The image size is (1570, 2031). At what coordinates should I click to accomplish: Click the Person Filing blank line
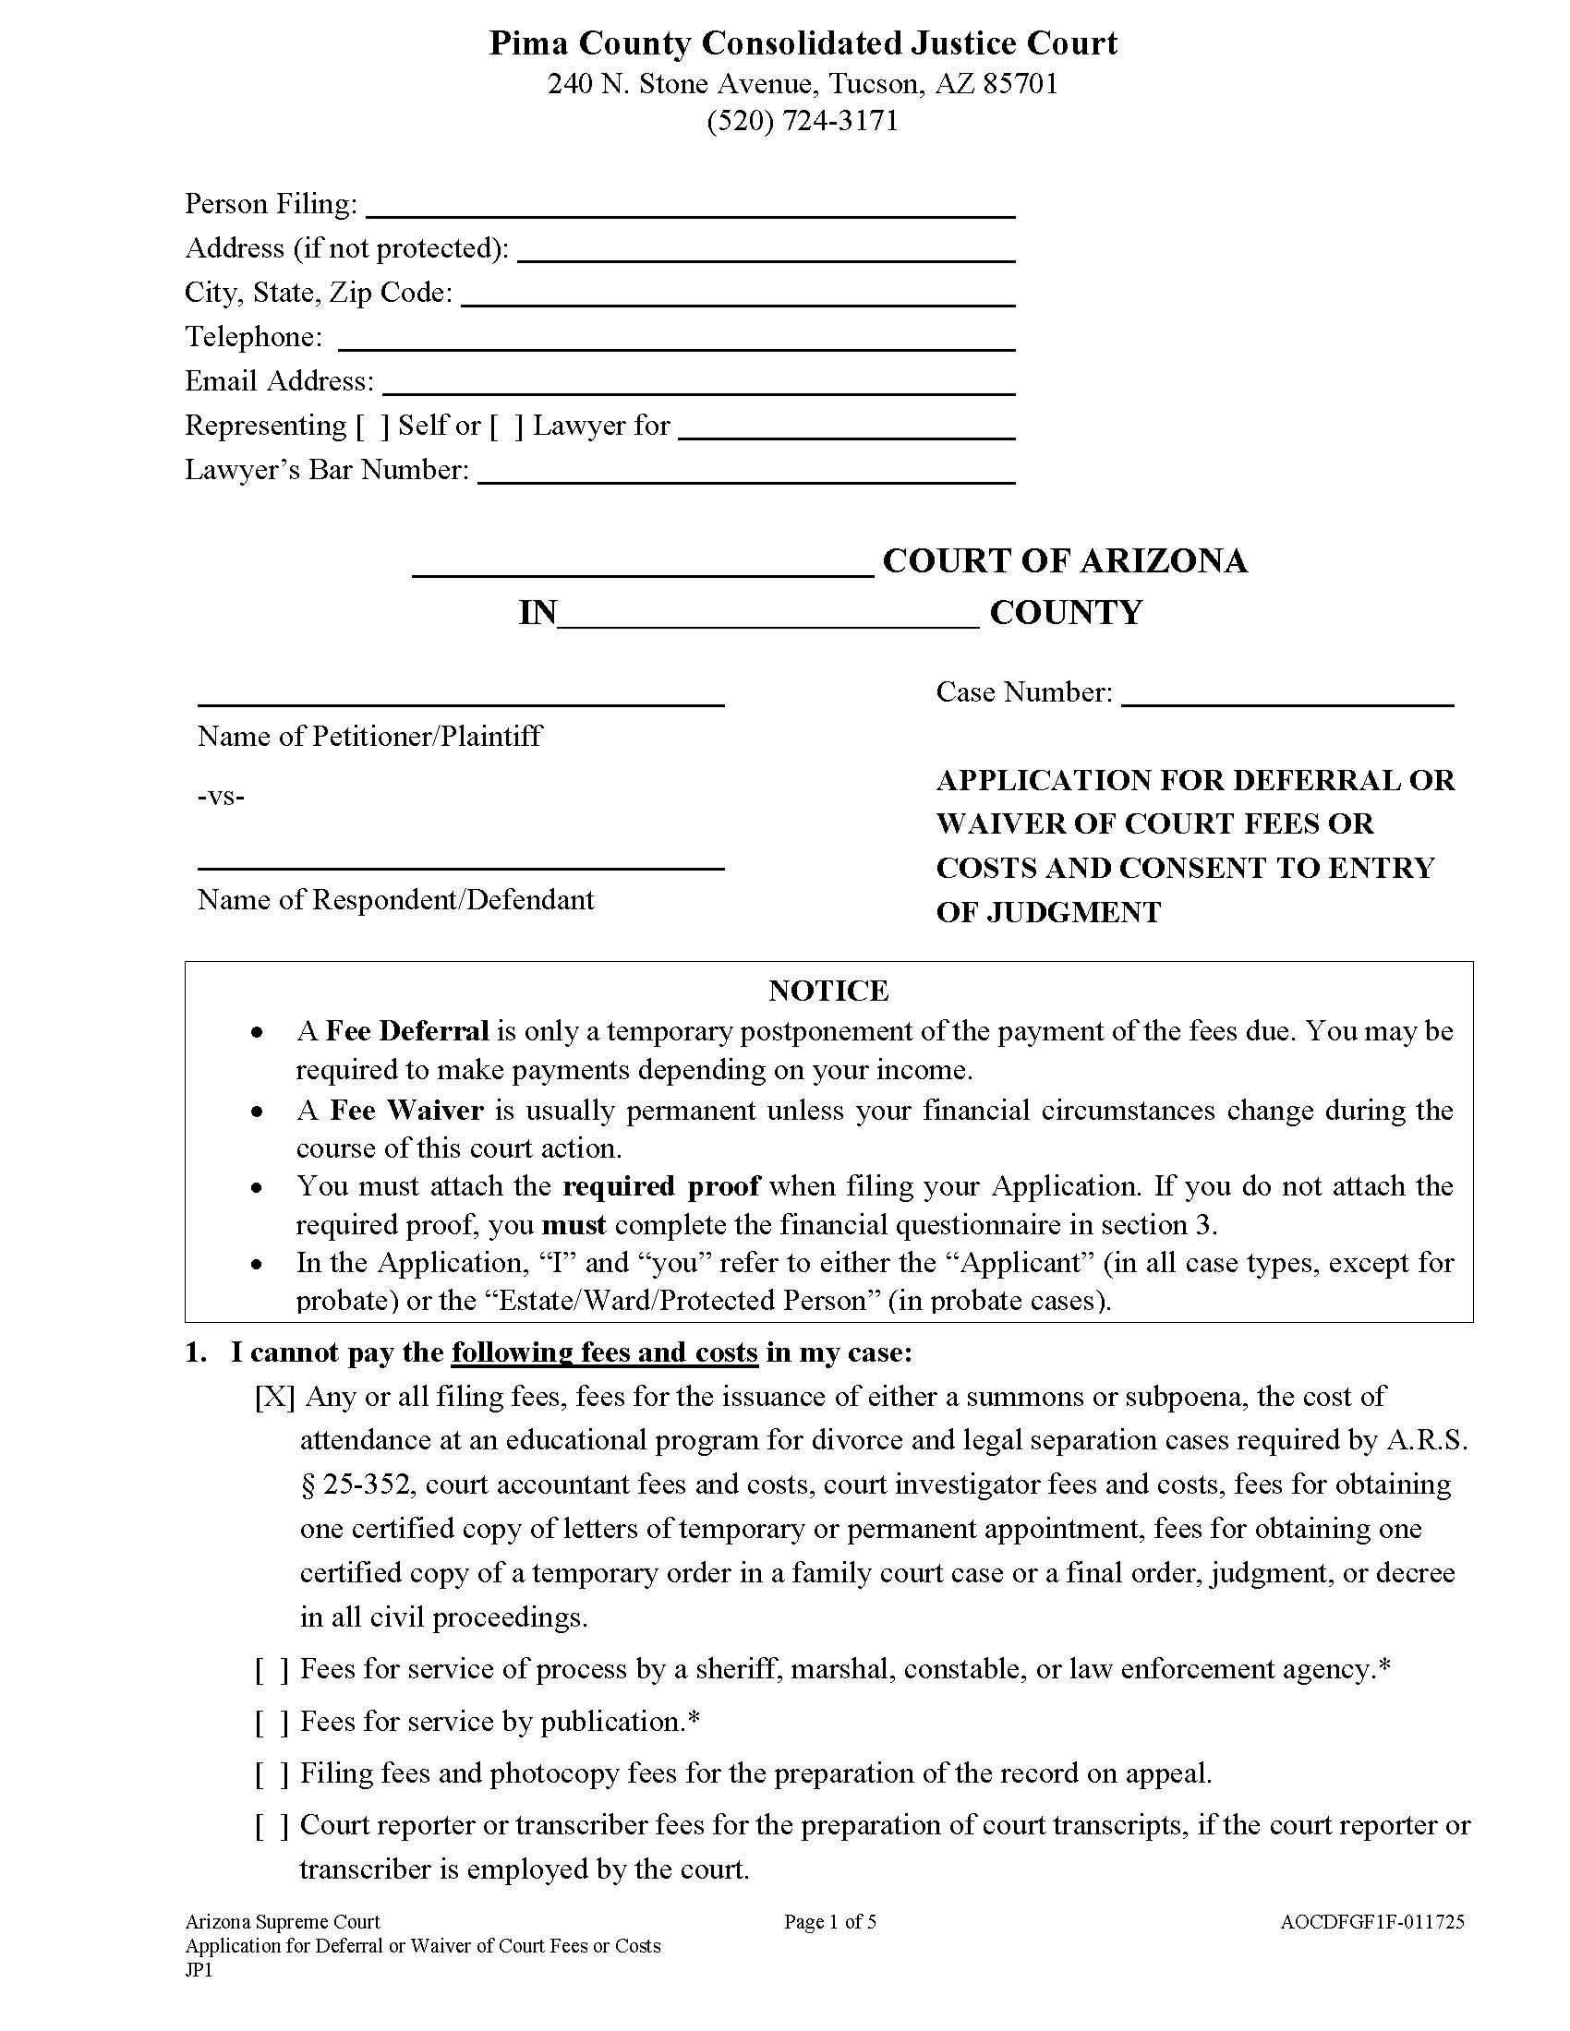[690, 207]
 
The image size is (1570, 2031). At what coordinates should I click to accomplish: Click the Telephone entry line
[676, 340]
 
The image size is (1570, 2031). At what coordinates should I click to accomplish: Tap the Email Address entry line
[698, 384]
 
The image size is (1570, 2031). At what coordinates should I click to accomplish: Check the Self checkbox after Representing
[372, 427]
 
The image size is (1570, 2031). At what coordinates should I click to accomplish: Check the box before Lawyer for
[507, 427]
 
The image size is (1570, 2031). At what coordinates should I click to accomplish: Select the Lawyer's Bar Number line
[746, 473]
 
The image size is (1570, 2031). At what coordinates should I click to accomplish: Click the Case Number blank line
[1287, 694]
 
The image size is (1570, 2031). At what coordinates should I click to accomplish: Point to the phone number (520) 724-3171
[803, 121]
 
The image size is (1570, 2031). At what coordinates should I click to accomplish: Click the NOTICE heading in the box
[827, 991]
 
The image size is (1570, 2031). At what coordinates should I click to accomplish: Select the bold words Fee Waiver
[406, 1111]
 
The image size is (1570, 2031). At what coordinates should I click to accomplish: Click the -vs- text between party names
[222, 797]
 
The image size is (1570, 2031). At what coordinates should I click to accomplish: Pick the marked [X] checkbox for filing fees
[274, 1398]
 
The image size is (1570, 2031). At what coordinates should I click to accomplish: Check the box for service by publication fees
[272, 1724]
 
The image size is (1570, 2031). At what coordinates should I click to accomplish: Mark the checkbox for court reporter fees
[272, 1826]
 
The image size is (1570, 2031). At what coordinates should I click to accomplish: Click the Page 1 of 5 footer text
[829, 1922]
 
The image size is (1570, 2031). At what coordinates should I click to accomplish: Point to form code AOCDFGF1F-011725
[1371, 1922]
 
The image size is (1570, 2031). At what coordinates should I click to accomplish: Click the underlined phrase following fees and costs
[605, 1353]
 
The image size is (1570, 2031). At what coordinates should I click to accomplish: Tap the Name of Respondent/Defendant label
[395, 900]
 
